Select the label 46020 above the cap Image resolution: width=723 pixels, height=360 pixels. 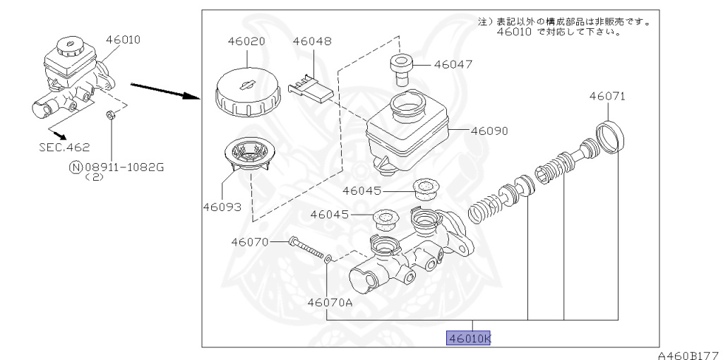(x=246, y=42)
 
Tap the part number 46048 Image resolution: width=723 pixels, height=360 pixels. (x=312, y=42)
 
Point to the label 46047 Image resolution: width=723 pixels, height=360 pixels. (x=453, y=64)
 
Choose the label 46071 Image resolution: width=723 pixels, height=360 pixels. (x=607, y=96)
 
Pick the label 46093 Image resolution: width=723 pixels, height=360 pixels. (x=222, y=208)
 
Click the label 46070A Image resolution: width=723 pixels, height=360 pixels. (x=330, y=302)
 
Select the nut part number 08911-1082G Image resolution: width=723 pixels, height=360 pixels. (x=124, y=167)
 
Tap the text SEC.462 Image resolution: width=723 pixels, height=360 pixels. (x=64, y=148)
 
